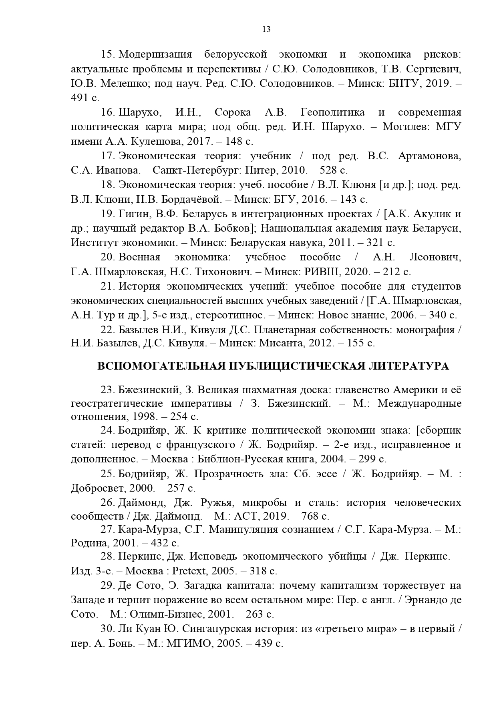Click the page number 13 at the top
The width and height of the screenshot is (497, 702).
[266, 29]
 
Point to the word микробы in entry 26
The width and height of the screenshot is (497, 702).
[264, 502]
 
